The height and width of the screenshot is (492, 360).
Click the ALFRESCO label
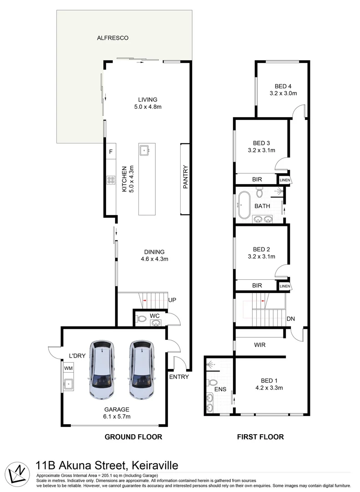click(112, 38)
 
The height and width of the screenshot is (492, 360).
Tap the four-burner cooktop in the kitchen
click(111, 180)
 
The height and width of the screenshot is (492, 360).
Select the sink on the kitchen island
click(145, 150)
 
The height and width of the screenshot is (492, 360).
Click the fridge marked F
click(111, 152)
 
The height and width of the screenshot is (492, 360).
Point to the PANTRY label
click(185, 177)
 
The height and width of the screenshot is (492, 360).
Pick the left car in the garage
click(102, 369)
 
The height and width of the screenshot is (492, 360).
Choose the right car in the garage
click(142, 369)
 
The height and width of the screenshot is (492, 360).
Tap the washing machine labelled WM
click(68, 368)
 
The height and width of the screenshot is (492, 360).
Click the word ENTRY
click(179, 377)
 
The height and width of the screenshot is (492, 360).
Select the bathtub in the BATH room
click(243, 205)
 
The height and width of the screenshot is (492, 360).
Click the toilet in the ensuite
click(212, 383)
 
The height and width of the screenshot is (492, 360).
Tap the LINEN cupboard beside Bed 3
click(285, 180)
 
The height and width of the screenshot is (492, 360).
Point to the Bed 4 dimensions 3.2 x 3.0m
click(283, 93)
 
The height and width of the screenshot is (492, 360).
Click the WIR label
click(260, 345)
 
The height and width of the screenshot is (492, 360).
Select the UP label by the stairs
click(172, 300)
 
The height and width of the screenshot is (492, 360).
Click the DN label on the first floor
click(291, 319)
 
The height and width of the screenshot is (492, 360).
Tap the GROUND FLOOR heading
click(133, 437)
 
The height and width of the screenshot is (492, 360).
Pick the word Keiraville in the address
click(155, 465)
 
